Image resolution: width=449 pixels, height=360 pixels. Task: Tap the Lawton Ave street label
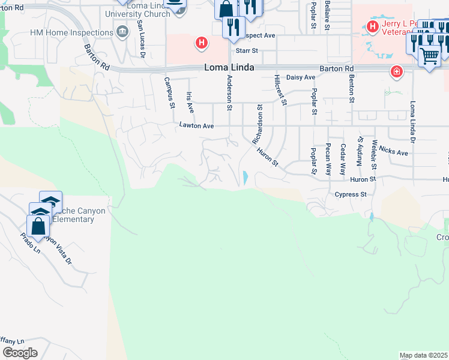click(196, 126)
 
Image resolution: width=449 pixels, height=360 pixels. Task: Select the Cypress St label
click(351, 194)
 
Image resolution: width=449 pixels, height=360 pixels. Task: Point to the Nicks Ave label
click(393, 152)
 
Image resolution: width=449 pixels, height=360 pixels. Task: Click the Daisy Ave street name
click(301, 77)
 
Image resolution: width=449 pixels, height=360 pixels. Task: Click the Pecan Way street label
click(328, 159)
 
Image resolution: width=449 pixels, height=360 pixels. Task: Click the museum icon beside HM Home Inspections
click(123, 31)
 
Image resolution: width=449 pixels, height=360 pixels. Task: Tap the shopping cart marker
click(430, 56)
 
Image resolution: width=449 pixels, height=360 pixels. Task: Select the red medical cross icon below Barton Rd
click(396, 73)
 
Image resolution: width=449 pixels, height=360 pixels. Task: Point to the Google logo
click(20, 353)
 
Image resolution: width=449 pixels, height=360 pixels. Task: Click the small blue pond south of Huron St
click(246, 178)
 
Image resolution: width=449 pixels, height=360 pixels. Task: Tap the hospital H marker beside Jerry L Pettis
click(372, 26)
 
